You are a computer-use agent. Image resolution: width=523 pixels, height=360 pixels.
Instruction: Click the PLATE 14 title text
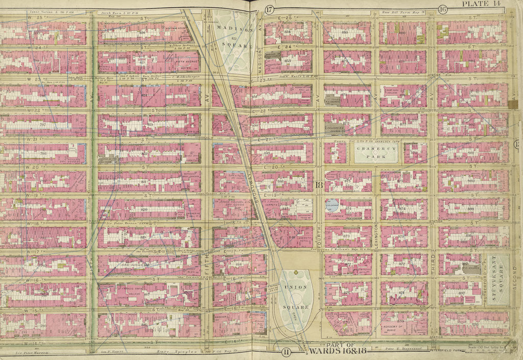click(489, 5)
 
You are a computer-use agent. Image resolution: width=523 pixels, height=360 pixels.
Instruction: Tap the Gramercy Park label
click(376, 153)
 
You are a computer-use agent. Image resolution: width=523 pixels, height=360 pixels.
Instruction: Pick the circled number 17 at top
click(270, 9)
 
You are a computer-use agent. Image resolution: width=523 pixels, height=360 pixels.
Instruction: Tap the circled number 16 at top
click(443, 9)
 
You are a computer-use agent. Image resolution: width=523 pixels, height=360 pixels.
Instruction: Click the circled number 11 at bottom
click(286, 351)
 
